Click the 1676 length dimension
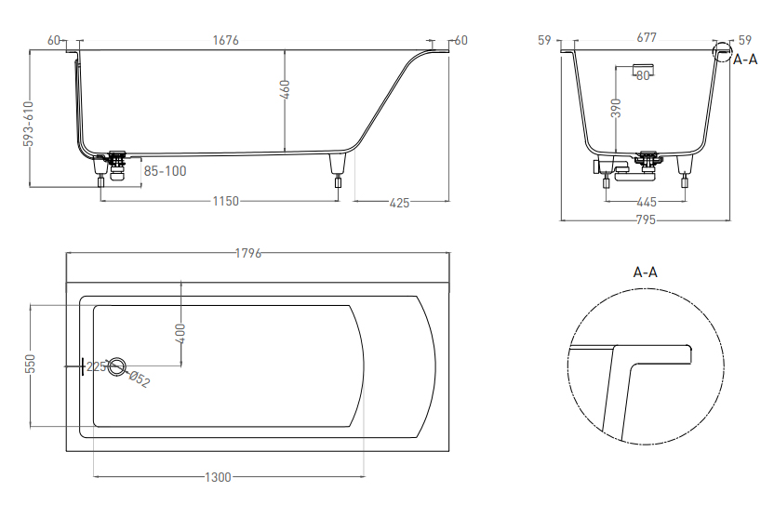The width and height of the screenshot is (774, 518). tap(225, 40)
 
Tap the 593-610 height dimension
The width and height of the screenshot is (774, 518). tap(29, 124)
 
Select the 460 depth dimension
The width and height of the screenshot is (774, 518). tap(285, 90)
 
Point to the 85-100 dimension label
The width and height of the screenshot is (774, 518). tap(165, 171)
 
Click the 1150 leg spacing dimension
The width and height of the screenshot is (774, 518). tap(225, 201)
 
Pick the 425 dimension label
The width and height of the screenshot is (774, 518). tap(399, 203)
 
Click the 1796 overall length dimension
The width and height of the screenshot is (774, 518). tap(247, 253)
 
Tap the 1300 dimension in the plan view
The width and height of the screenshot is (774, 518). tap(218, 477)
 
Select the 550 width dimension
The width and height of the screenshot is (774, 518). tap(30, 364)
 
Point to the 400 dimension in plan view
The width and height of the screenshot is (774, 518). tap(180, 334)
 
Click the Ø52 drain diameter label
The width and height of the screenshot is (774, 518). tap(139, 379)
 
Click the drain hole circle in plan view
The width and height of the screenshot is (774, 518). tap(117, 366)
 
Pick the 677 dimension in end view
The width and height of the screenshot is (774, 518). tap(647, 37)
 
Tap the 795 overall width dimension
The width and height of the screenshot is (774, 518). tap(646, 220)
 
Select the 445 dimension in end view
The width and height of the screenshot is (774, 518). tap(647, 202)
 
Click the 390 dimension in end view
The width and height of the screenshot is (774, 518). tap(616, 108)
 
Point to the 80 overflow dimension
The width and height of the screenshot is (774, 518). tap(643, 75)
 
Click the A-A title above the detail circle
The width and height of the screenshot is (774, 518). tap(646, 272)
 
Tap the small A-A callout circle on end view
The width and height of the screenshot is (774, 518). tap(722, 51)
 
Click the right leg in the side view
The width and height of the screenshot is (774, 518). tap(338, 170)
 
